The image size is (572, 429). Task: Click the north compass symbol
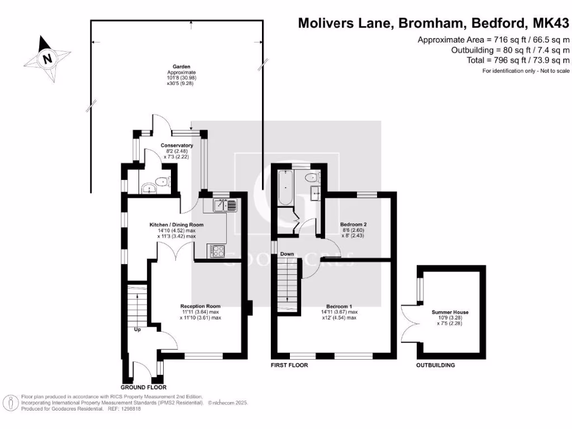pyautogui.click(x=47, y=58)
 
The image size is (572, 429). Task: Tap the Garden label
pyautogui.click(x=174, y=66)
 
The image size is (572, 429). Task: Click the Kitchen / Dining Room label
pyautogui.click(x=177, y=225)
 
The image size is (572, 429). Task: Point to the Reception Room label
pyautogui.click(x=200, y=306)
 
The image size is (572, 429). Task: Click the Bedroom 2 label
pyautogui.click(x=353, y=225)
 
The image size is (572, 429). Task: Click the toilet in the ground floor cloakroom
pyautogui.click(x=161, y=182)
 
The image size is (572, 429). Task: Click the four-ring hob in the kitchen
pyautogui.click(x=217, y=251)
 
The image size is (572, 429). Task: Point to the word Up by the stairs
pyautogui.click(x=137, y=330)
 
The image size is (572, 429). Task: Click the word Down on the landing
pyautogui.click(x=287, y=254)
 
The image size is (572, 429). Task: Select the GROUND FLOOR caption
pyautogui.click(x=143, y=387)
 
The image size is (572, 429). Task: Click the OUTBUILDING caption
pyautogui.click(x=435, y=365)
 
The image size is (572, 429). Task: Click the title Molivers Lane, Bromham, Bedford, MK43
pyautogui.click(x=433, y=23)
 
